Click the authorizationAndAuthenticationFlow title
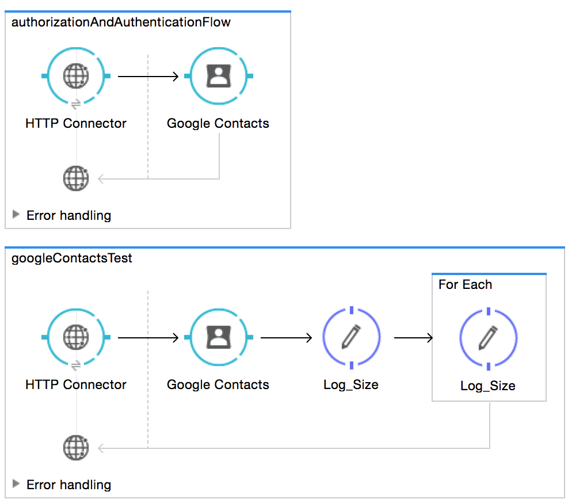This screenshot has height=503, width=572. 121,22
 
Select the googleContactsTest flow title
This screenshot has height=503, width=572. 72,258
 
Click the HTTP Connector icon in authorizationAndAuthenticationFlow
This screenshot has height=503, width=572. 76,75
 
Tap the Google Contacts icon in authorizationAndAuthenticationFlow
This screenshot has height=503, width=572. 218,75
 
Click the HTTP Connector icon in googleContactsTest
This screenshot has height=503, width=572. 76,337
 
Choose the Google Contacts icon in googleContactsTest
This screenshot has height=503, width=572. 218,337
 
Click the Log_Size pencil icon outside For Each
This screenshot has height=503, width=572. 351,337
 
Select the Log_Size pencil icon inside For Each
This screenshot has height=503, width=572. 488,337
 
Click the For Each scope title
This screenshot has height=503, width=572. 465,284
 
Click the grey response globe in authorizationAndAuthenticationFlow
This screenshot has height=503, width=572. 76,178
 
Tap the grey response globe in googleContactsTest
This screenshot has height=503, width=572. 76,447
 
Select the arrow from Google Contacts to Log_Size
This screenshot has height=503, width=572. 286,337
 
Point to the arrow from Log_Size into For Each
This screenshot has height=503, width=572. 413,337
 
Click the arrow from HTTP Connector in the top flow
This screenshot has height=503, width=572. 148,76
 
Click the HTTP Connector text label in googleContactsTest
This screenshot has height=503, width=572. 76,384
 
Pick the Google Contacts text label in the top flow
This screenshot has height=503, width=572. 218,123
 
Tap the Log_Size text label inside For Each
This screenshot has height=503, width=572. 488,386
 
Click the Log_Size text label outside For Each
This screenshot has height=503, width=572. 351,384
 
